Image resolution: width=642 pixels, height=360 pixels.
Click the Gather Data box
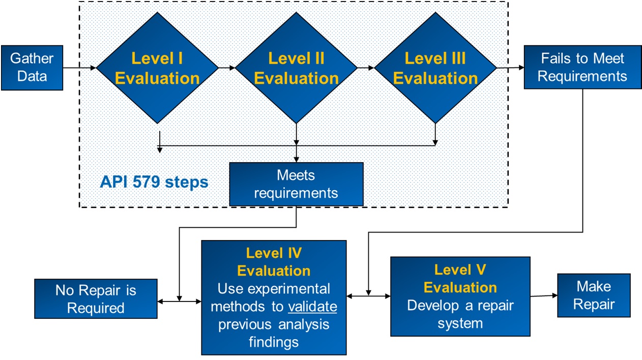[32, 68]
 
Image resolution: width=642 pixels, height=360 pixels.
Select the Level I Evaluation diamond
[157, 68]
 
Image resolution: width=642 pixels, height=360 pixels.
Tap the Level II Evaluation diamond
[297, 68]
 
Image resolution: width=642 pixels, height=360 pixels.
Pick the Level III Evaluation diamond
[435, 68]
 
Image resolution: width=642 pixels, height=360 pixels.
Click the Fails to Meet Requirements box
[582, 67]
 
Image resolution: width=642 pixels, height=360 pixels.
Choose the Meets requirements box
[297, 184]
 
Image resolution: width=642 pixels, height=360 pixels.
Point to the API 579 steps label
[154, 182]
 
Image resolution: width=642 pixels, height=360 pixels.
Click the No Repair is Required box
[96, 298]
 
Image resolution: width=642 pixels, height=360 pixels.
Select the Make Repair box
[594, 295]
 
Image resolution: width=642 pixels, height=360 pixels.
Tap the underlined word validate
[312, 307]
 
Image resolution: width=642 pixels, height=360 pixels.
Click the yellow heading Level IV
[274, 253]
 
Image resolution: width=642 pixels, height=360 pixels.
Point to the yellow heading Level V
[460, 270]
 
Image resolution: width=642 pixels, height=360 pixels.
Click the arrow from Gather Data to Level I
[79, 68]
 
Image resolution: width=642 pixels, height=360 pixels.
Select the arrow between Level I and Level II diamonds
[227, 68]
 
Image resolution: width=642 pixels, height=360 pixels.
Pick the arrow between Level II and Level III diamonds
[366, 68]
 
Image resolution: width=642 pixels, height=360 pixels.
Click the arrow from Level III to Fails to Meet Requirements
[510, 68]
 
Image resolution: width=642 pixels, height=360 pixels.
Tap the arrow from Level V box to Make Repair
[544, 296]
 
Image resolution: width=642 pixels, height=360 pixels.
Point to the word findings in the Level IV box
[274, 342]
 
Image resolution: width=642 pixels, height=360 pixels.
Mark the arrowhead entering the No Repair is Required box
[160, 302]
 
